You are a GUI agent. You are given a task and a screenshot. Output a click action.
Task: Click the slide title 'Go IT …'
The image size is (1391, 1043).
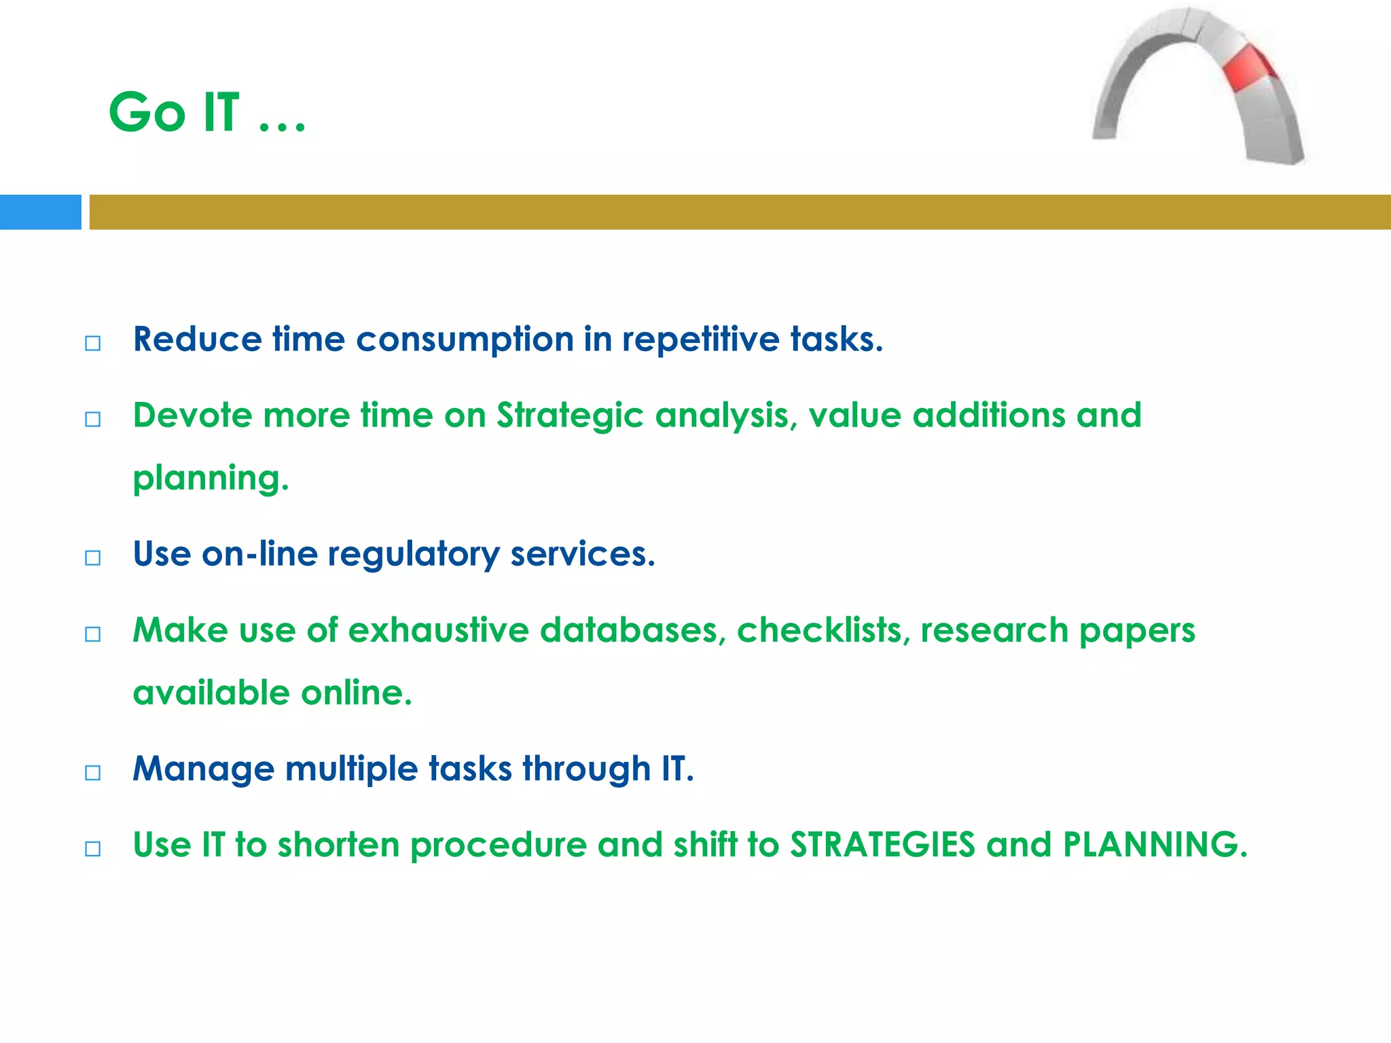pos(207,112)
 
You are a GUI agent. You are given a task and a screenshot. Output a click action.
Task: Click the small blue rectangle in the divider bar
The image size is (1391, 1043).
pos(40,212)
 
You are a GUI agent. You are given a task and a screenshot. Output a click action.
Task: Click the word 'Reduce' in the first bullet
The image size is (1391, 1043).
pos(197,339)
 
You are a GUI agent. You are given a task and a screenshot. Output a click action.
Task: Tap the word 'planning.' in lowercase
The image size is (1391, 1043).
pos(211,479)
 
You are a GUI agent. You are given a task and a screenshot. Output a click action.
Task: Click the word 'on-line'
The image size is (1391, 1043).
pos(259,553)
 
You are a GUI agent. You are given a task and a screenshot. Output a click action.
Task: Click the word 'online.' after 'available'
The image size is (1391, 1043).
pos(357,693)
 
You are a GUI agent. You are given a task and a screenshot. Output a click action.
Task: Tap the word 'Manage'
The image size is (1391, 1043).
pos(203,769)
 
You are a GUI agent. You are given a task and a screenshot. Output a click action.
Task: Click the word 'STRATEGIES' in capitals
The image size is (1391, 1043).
pos(882,845)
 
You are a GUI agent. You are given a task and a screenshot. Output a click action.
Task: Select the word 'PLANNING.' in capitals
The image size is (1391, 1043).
pos(1155,845)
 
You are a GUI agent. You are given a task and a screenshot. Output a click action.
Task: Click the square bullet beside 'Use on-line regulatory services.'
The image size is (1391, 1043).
pos(93,558)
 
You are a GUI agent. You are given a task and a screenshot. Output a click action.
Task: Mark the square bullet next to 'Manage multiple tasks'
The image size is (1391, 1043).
pos(93,773)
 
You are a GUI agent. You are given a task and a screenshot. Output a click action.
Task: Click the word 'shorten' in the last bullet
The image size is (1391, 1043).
pos(338,845)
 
